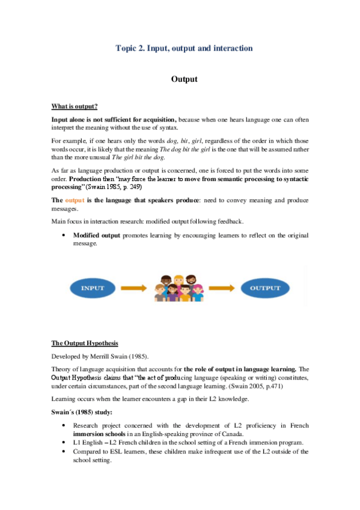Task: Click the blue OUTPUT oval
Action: coord(265,288)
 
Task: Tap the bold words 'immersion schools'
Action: coord(96,434)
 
